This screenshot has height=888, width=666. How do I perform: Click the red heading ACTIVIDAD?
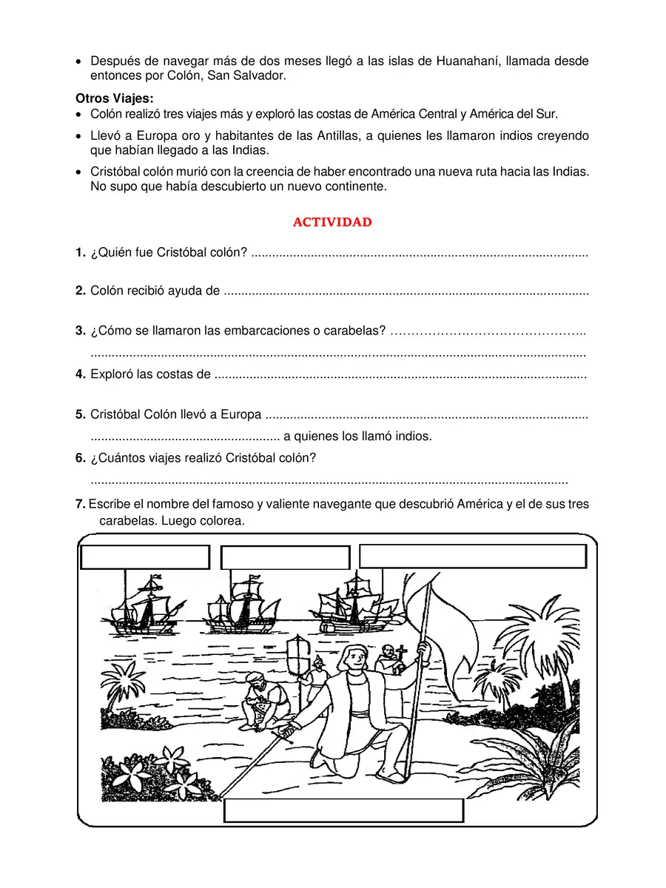[332, 222]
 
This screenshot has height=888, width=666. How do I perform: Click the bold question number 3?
[81, 331]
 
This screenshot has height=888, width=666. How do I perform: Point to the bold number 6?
[81, 458]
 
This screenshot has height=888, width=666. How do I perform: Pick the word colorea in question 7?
[221, 521]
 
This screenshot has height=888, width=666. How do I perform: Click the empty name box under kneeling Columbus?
[343, 810]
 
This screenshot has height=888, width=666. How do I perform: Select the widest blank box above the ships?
[472, 556]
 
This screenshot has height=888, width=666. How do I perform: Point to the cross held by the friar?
[403, 653]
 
